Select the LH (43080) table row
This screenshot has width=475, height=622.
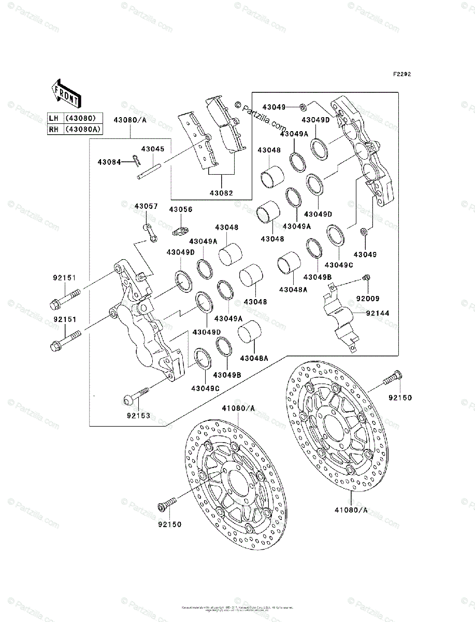click(x=74, y=118)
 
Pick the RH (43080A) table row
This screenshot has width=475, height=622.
click(x=74, y=130)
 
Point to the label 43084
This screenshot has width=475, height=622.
click(x=108, y=162)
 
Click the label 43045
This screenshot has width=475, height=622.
click(x=153, y=149)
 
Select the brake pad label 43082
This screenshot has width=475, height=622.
click(x=222, y=193)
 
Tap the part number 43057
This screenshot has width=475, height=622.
click(x=146, y=206)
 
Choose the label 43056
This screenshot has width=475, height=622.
click(x=180, y=209)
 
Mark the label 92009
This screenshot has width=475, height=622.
click(x=368, y=298)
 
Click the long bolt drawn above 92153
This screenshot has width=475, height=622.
click(x=137, y=395)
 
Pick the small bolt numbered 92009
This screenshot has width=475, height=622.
click(x=367, y=277)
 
